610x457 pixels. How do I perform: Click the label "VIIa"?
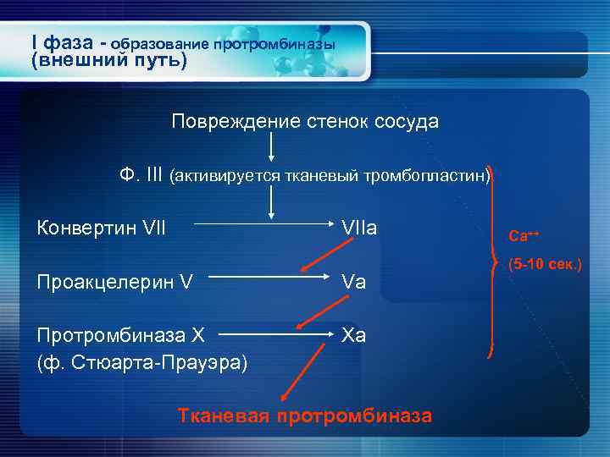pos(358,228)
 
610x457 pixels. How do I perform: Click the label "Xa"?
pos(353,334)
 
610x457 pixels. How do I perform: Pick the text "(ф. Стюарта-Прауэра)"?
pos(142,362)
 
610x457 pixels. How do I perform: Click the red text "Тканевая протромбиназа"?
pos(304,416)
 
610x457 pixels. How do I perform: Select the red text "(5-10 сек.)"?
pos(545,265)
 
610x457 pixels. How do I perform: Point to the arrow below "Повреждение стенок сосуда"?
pos(272,148)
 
